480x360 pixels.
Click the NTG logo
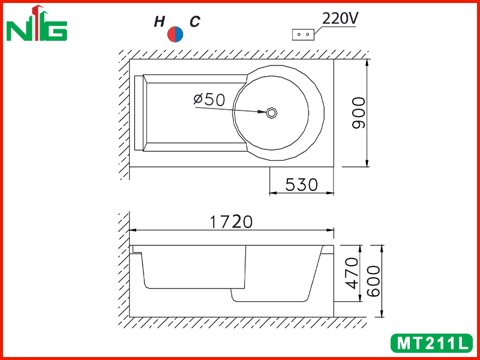[37, 23]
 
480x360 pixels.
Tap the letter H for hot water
[159, 22]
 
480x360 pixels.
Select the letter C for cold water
[194, 22]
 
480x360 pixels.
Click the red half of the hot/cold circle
[171, 34]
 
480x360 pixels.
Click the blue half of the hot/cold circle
[179, 34]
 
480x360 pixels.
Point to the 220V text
[340, 19]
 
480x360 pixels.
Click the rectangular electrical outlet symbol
[304, 35]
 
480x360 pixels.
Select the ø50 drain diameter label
[209, 100]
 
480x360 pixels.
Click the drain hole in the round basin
[271, 113]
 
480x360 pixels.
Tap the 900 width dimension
[359, 113]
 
